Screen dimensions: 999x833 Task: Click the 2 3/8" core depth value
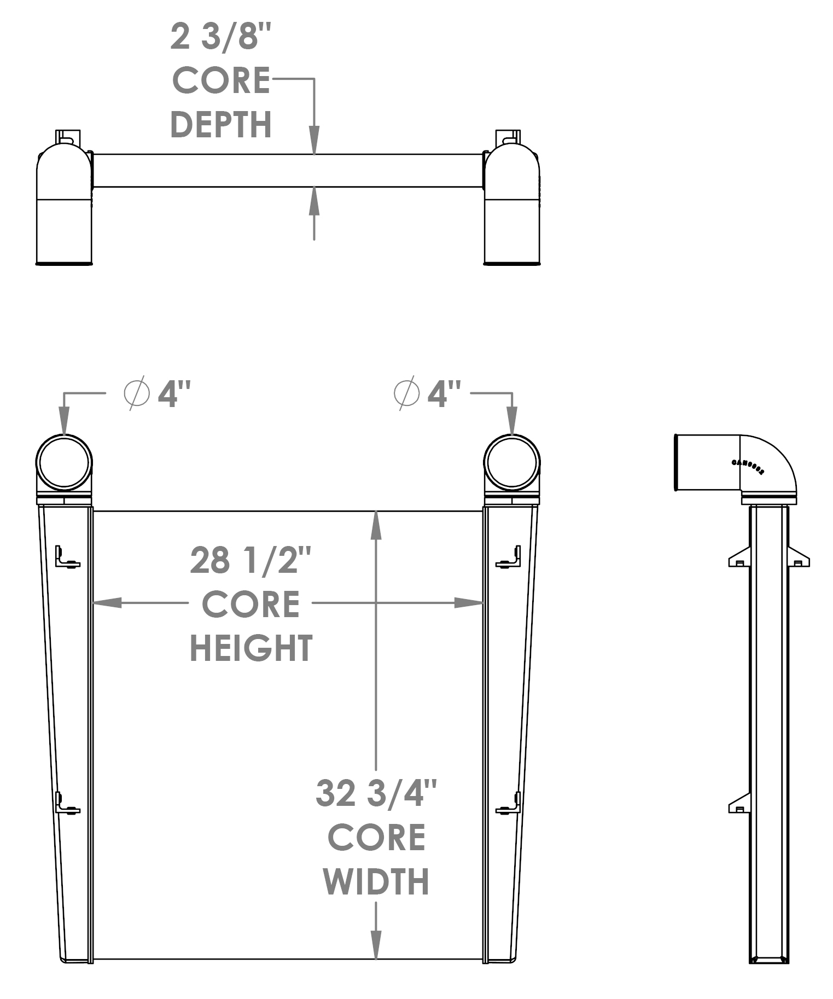(220, 37)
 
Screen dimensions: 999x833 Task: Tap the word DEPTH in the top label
(222, 125)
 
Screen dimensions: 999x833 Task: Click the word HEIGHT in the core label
(251, 648)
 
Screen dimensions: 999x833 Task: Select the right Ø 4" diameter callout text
(428, 393)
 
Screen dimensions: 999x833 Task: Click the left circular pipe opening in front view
(64, 462)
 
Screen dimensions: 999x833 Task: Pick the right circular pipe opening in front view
(512, 462)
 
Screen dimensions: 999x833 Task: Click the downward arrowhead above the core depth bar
(314, 141)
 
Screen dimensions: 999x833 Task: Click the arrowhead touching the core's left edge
(107, 603)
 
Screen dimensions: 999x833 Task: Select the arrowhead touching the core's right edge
(469, 603)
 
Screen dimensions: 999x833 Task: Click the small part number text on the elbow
(748, 467)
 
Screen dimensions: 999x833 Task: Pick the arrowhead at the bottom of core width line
(376, 945)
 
